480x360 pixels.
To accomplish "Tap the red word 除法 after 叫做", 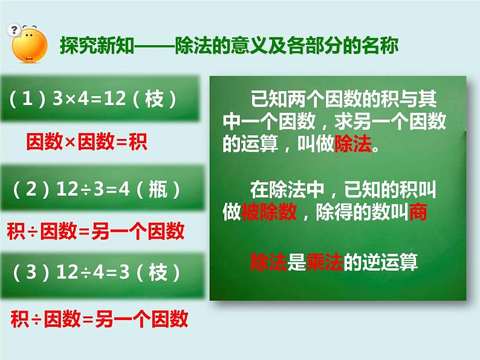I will (352, 146).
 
